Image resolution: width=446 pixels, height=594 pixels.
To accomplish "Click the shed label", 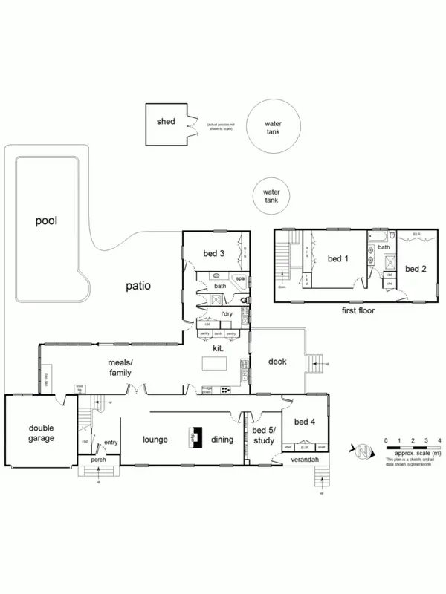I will point(165,121).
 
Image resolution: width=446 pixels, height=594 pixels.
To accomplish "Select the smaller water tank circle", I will point(271,196).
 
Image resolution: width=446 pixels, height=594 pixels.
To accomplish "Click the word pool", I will point(45,221).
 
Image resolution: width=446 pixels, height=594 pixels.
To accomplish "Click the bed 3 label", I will point(213,254).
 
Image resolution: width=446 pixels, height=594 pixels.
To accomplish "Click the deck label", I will point(276,362).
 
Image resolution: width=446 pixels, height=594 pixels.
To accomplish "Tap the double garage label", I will point(42,433).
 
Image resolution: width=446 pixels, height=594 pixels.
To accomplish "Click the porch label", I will point(98,460).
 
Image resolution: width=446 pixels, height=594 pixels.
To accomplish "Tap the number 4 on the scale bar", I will point(440,441).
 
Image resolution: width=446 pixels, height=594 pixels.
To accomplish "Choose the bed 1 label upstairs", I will point(337,258).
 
